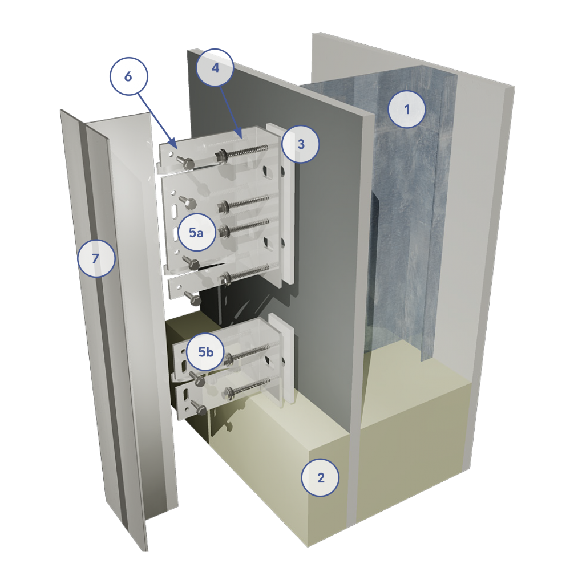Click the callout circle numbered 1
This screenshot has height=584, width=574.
[x=407, y=109]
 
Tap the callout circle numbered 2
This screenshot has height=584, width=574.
[x=320, y=477]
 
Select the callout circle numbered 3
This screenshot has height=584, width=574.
[x=301, y=144]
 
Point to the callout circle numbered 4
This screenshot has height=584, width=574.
[x=215, y=67]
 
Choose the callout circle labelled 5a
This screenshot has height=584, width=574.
[x=197, y=233]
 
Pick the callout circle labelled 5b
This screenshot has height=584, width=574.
[x=205, y=351]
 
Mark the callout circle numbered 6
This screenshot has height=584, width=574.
[x=128, y=76]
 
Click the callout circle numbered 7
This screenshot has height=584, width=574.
[x=96, y=258]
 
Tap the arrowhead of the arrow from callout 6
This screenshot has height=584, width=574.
[x=172, y=143]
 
